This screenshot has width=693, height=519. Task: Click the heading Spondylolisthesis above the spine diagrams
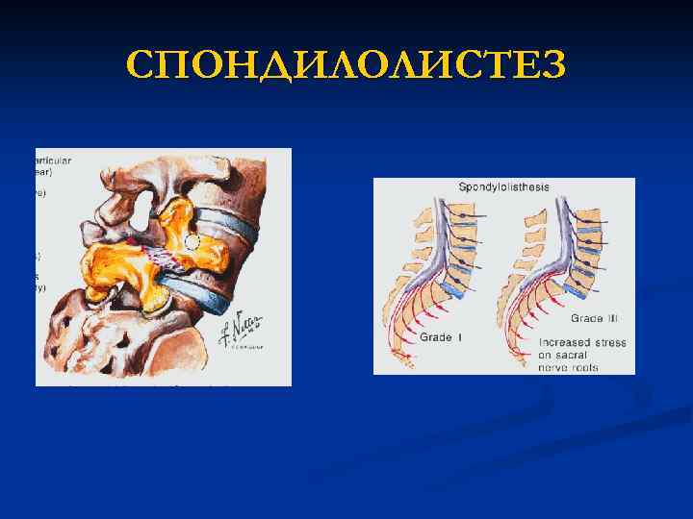(x=503, y=186)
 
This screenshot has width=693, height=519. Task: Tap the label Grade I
(x=441, y=337)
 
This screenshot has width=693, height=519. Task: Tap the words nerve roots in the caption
(x=568, y=367)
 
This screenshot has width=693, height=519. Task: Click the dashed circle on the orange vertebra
(x=192, y=243)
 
